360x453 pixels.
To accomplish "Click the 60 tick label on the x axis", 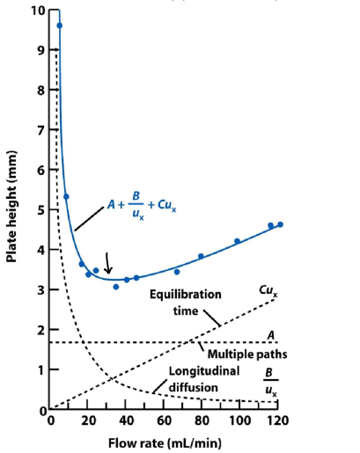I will click(166, 421).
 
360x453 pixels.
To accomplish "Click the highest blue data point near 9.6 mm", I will click(60, 26).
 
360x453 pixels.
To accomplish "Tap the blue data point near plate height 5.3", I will click(66, 196).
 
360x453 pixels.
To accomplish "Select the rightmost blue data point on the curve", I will click(281, 224).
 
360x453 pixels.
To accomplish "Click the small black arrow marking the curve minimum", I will click(108, 261).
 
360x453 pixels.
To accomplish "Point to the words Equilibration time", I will click(184, 303).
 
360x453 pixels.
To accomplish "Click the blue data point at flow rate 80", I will click(201, 256).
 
